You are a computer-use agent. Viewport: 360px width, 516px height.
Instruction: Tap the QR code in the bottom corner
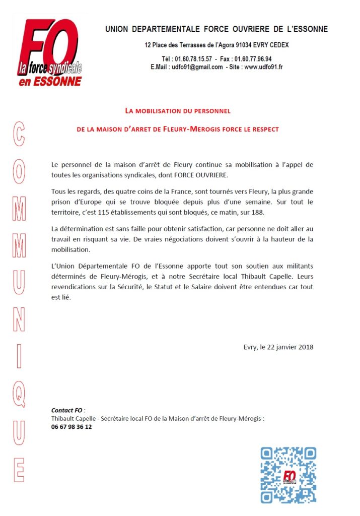click(x=288, y=475)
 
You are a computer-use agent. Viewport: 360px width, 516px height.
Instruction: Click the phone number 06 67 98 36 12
click(x=71, y=426)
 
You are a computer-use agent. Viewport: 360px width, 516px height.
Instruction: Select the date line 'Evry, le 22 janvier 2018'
click(x=278, y=347)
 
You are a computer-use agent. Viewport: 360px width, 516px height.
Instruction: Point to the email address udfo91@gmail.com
click(x=193, y=67)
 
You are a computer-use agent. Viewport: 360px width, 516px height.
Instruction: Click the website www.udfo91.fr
click(x=263, y=67)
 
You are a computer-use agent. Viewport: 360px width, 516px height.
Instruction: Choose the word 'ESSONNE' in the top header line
click(x=306, y=29)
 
